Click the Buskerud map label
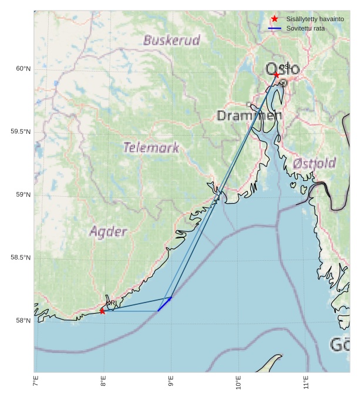pos(171,41)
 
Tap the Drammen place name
pos(249,116)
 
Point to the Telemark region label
pos(151,147)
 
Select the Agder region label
pos(108,232)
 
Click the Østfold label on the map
pos(314,163)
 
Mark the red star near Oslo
pos(277,75)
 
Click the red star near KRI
pos(102,311)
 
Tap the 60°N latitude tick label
pos(23,69)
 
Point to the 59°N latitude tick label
pos(23,194)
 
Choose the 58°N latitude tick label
pos(23,320)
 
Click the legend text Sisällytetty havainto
pos(315,19)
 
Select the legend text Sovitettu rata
pos(305,28)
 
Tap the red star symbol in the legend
pos(275,19)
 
